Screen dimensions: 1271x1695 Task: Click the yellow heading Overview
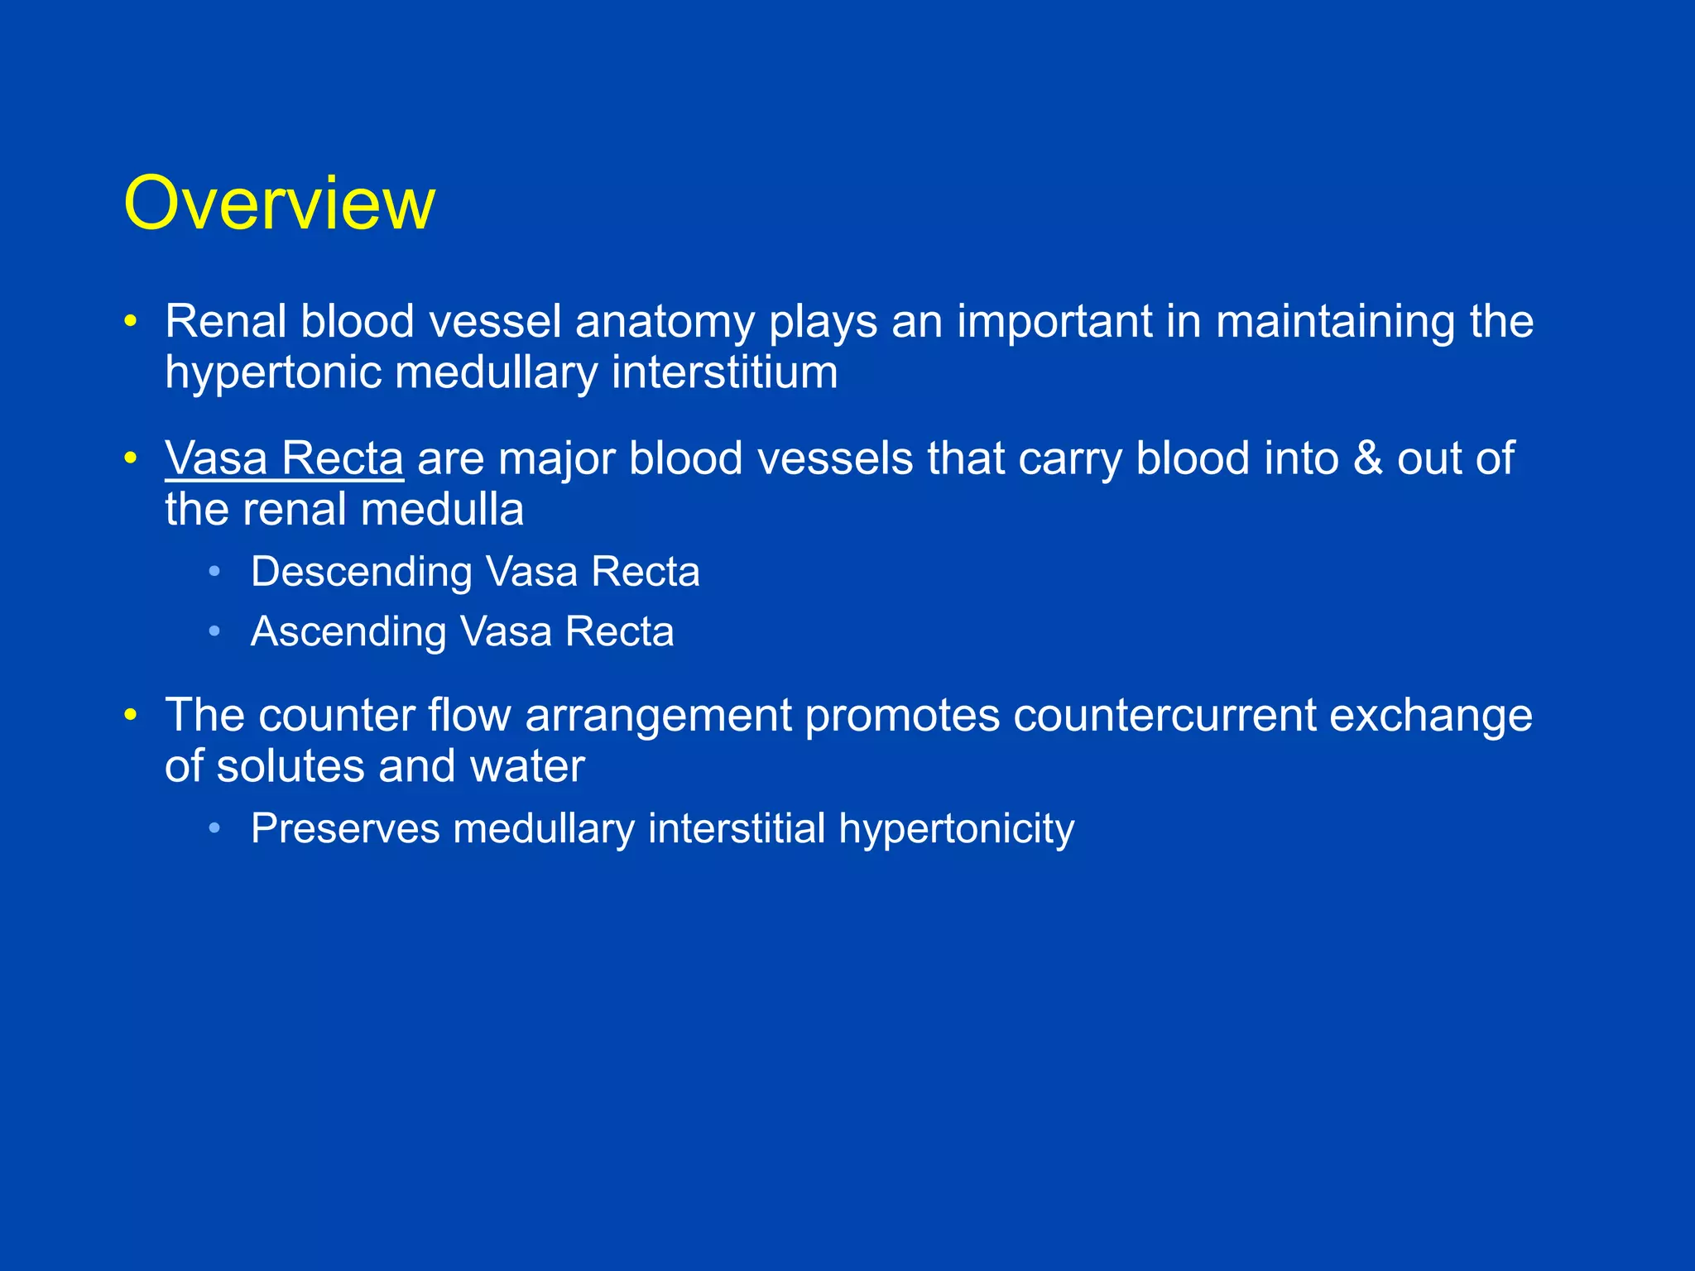coord(279,204)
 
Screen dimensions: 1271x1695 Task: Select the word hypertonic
coord(272,373)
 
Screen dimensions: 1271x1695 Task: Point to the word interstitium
coord(724,372)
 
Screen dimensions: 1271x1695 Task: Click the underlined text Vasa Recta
coord(284,458)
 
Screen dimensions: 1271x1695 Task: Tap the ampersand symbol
coord(1367,458)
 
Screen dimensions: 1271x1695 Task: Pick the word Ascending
coord(348,632)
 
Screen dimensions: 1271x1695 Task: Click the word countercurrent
coord(1164,715)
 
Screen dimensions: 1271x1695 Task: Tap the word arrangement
coord(658,717)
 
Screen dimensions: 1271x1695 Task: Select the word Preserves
coord(344,828)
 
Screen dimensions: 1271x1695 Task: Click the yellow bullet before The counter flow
coord(130,715)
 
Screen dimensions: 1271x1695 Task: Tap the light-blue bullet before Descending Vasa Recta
coord(215,572)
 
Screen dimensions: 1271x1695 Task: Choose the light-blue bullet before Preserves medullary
coord(215,828)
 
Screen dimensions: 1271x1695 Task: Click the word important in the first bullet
coord(1054,323)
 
